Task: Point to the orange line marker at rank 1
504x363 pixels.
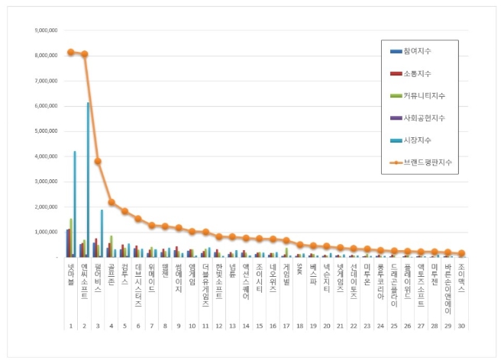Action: pos(70,52)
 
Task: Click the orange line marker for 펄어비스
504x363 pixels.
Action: pos(98,161)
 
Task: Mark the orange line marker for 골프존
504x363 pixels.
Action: pos(111,202)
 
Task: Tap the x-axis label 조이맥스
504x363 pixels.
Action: pos(461,275)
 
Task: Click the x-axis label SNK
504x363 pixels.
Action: pos(299,267)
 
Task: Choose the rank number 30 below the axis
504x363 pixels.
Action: pos(461,325)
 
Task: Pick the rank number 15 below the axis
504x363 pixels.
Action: pos(259,325)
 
